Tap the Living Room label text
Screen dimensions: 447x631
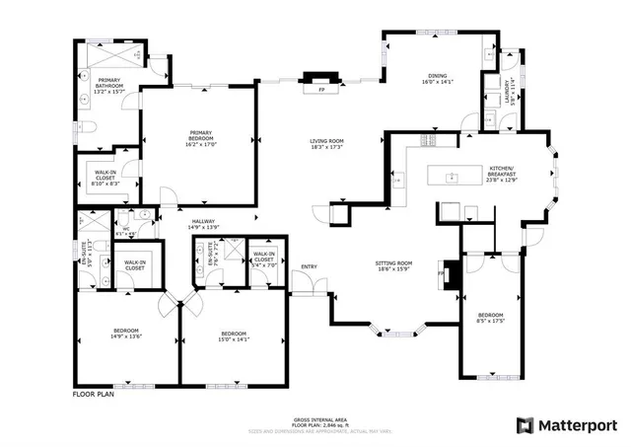325,145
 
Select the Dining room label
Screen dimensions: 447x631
437,79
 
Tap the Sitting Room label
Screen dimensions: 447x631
393,266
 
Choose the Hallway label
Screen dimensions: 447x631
203,223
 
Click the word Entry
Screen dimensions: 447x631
310,266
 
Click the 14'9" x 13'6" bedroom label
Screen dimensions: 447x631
125,333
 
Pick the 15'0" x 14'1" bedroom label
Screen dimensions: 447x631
234,336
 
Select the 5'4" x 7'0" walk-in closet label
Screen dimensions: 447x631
264,261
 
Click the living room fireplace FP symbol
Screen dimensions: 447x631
321,89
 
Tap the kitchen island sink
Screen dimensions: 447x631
451,179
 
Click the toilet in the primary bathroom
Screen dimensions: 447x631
85,125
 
